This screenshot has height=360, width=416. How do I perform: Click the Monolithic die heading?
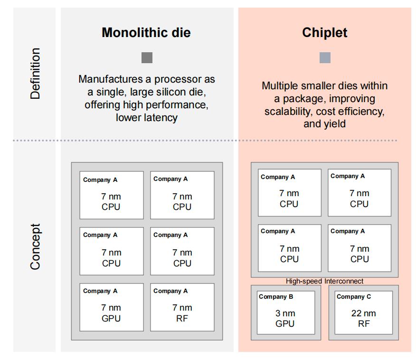point(146,33)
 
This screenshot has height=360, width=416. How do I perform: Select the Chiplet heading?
point(325,33)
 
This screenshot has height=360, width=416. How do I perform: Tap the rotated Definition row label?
point(35,74)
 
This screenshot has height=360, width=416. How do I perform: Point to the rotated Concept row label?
point(35,246)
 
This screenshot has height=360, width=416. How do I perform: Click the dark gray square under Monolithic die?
point(147,57)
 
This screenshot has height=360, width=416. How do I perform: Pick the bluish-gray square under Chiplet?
point(325,57)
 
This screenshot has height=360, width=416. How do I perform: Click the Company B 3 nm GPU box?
point(286,313)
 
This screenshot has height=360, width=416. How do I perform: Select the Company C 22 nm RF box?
point(363,313)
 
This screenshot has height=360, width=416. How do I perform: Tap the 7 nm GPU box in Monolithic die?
point(112,307)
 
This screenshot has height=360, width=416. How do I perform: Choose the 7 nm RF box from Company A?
point(182,307)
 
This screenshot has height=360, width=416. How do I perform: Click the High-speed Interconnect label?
point(324,281)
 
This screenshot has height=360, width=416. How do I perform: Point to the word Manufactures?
point(111,79)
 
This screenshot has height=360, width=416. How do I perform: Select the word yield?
point(334,124)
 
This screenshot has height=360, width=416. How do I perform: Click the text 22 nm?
point(363,313)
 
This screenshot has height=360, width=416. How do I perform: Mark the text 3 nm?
point(285,313)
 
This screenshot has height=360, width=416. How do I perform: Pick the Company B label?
point(276,296)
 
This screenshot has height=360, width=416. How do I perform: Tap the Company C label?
point(354,296)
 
